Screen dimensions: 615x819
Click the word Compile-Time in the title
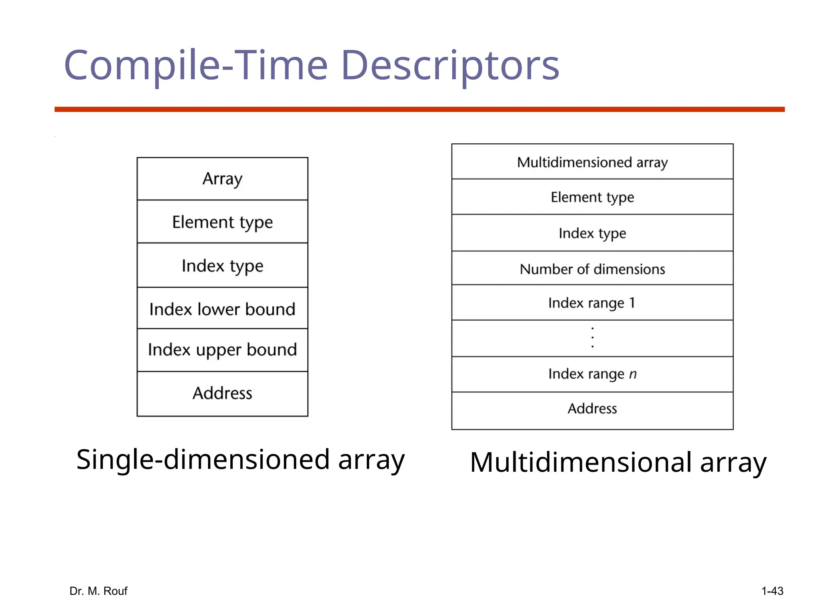coord(196,66)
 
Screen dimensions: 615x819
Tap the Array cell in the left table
coord(222,179)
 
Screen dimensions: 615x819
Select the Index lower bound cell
coord(222,309)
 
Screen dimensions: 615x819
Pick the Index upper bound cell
coord(222,350)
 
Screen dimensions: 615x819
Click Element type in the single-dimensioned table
coord(222,222)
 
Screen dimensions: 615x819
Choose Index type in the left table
coord(222,266)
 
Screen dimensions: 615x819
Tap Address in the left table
coord(222,393)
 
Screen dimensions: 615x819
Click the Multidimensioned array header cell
coord(592,162)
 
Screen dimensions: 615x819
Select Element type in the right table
coord(592,197)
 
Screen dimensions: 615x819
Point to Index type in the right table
coord(592,233)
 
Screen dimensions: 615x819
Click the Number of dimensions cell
coord(592,269)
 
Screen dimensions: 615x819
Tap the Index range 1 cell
coord(592,303)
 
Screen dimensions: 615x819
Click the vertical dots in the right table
coord(592,338)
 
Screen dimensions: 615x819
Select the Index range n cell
coord(592,374)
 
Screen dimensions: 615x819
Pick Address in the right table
coord(592,408)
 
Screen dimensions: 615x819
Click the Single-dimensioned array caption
coord(240,460)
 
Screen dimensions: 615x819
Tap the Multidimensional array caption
coord(618,462)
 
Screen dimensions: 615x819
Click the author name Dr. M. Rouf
coord(98,591)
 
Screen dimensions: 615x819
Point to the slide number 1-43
coord(772,591)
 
